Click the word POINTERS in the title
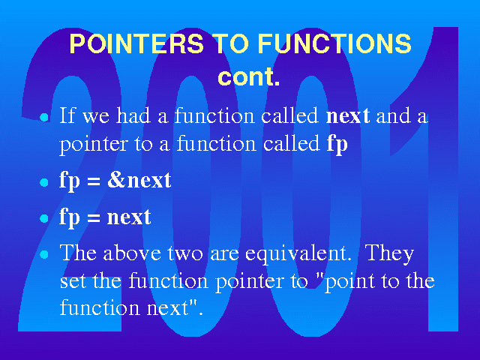coord(136,43)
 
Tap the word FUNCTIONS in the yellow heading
coord(334,43)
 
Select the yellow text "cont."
coord(248,76)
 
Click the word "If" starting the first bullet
coord(67,115)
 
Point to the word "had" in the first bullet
coord(133,115)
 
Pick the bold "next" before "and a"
coord(348,116)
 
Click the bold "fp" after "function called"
coord(337,144)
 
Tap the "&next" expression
coord(139,181)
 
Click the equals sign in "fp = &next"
coord(93,182)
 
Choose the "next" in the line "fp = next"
coord(129,217)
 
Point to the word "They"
coord(389,254)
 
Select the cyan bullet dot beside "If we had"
coord(44,118)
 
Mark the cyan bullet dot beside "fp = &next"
coord(44,182)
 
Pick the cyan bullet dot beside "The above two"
coord(44,255)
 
